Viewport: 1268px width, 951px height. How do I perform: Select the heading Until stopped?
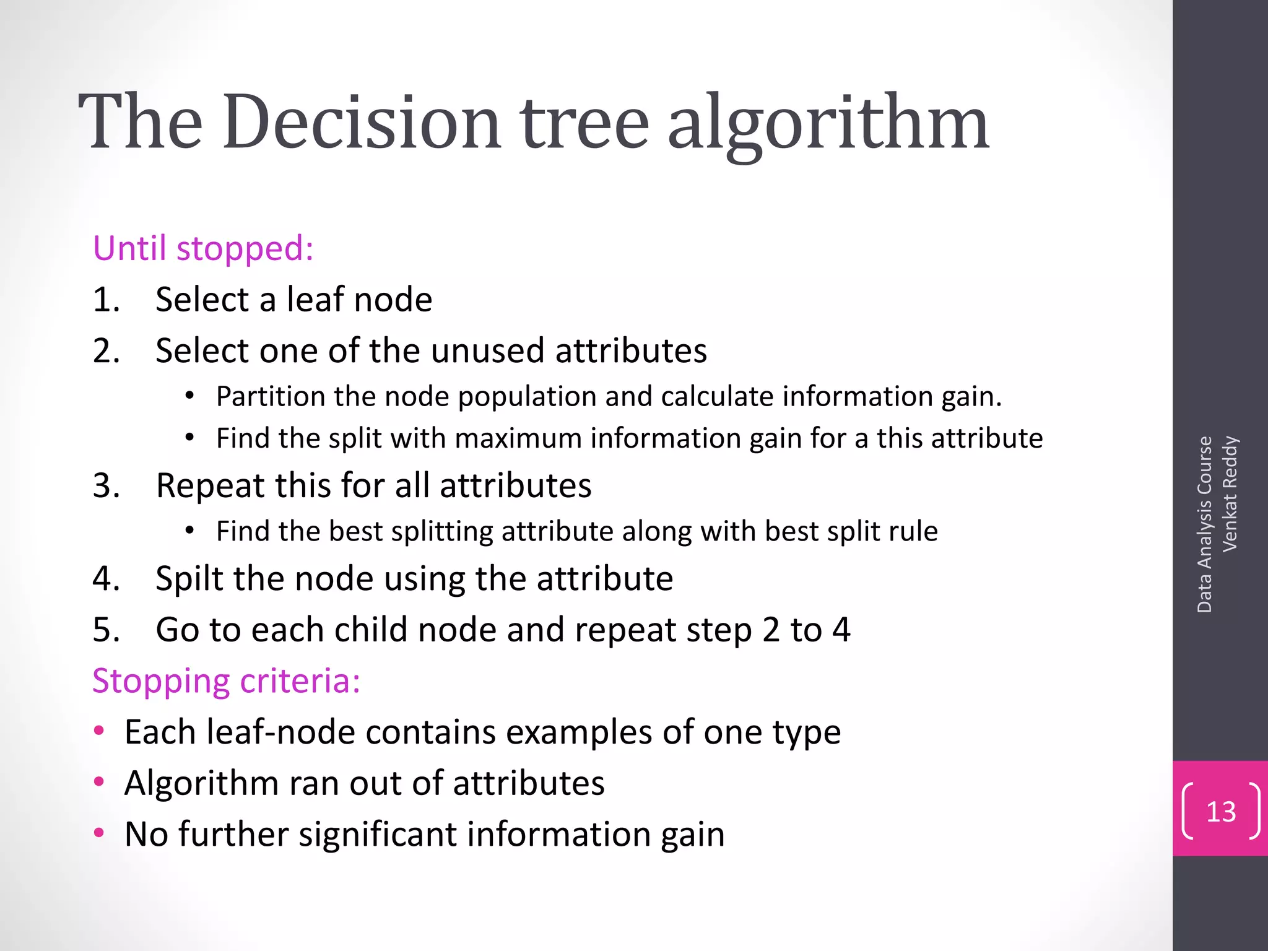[203, 248]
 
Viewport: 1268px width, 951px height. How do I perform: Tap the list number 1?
[106, 300]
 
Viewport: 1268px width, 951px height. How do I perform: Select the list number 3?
[106, 485]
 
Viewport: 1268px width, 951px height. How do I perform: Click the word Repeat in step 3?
[211, 485]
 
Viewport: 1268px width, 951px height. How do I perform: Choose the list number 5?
[106, 630]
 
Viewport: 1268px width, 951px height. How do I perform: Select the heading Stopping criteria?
[226, 681]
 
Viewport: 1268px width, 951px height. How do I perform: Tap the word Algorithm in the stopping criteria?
[202, 783]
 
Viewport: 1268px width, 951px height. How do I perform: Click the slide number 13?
[1221, 812]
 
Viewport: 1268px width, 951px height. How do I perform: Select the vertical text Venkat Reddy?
[1230, 493]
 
